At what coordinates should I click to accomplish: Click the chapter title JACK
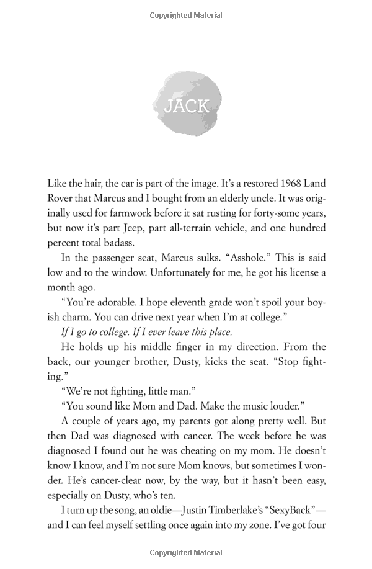coord(186,106)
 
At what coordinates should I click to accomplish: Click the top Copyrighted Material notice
coord(186,14)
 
